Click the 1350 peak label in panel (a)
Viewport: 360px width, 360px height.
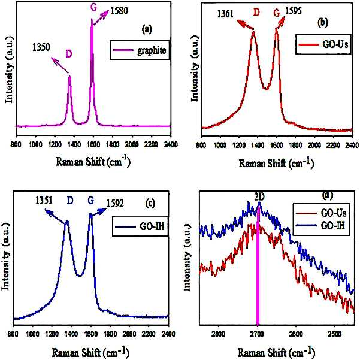(x=41, y=47)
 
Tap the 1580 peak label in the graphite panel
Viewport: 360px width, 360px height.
(x=119, y=11)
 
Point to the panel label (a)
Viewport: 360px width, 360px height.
(x=147, y=29)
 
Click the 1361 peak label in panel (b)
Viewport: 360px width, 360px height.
(x=225, y=14)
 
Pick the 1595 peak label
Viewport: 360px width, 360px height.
(x=293, y=11)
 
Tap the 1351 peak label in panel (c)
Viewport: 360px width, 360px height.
(x=44, y=201)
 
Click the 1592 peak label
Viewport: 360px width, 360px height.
(x=115, y=204)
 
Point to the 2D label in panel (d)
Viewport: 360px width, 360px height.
(x=259, y=197)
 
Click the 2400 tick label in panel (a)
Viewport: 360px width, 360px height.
(x=171, y=144)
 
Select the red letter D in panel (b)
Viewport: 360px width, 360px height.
(x=256, y=13)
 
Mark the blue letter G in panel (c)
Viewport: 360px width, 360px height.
(x=91, y=201)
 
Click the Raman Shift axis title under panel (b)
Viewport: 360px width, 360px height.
(x=276, y=164)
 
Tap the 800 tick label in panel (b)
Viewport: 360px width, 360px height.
(x=201, y=145)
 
